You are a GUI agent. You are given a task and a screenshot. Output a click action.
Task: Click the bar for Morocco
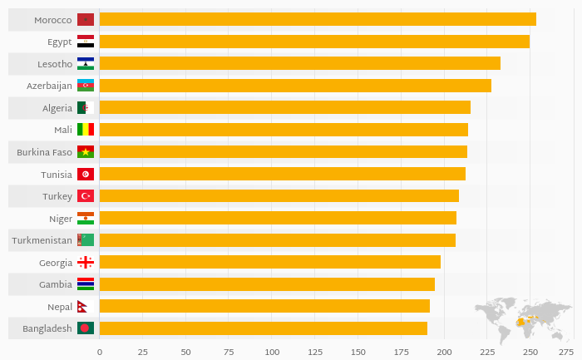[x=317, y=19]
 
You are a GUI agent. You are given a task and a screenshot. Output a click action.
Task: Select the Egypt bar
[x=313, y=42]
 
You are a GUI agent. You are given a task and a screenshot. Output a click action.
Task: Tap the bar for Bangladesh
[x=263, y=328]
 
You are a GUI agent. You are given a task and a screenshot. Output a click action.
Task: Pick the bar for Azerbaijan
[x=294, y=86]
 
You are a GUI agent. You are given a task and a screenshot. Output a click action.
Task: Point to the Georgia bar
[x=269, y=262]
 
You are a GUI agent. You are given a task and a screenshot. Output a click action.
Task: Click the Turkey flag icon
[x=86, y=196]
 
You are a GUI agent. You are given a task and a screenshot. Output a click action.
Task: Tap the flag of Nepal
[x=85, y=307]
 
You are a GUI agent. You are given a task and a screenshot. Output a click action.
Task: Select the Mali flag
[x=86, y=130]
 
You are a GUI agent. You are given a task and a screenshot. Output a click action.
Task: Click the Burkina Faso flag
[x=86, y=152]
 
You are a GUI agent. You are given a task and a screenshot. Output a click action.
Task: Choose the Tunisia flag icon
[x=86, y=174]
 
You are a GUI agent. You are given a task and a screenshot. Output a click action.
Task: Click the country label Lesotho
[x=55, y=64]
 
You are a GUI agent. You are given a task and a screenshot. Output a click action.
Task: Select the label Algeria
[x=57, y=108]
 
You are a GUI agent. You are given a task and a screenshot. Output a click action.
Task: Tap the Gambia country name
[x=56, y=284]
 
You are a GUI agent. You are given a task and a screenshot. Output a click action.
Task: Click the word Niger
[x=61, y=219]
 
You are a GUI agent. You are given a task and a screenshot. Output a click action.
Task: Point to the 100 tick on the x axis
[x=272, y=352]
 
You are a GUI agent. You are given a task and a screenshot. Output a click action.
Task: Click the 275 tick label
[x=565, y=352]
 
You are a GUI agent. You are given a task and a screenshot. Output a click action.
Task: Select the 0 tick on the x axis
[x=100, y=352]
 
